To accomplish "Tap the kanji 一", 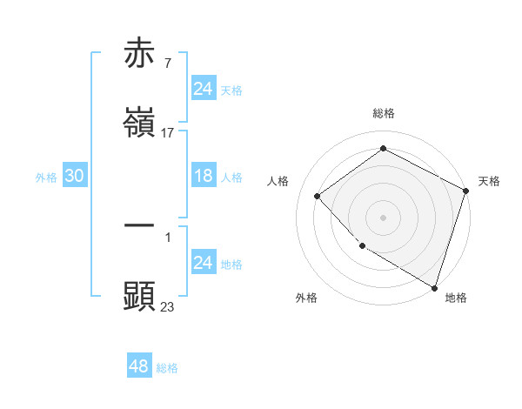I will click(140, 226).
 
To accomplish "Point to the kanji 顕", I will click(140, 296).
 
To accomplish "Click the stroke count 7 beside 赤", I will click(167, 64).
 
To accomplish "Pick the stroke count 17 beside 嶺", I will click(168, 133).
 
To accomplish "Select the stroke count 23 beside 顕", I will click(168, 306).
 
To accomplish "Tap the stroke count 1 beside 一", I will click(167, 237).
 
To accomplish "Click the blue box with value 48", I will click(138, 366).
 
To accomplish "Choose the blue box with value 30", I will click(74, 176).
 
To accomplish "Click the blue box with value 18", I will click(203, 176).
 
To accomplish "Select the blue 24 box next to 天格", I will click(203, 89).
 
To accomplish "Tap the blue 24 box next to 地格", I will click(203, 263).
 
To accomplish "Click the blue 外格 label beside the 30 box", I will click(46, 178).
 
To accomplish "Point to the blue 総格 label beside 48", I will click(167, 368).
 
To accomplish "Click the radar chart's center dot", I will click(383, 217).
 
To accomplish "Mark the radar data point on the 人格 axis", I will click(318, 196).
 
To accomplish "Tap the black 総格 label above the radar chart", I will click(384, 113).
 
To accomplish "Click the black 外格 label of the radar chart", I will click(306, 298).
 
